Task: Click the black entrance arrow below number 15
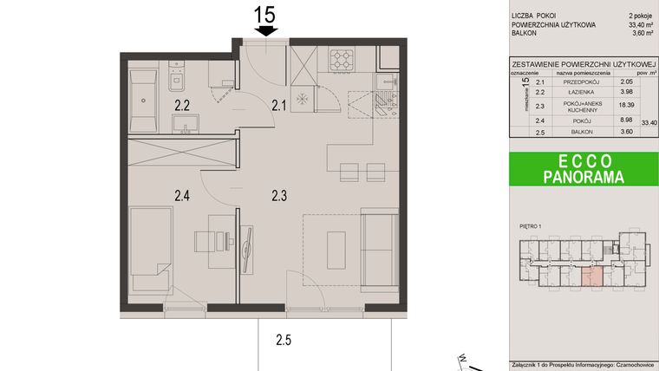tap(266, 31)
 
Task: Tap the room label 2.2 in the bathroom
tap(183, 107)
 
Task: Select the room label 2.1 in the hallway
tap(278, 107)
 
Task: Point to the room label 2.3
tap(278, 196)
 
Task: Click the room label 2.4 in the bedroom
tap(183, 196)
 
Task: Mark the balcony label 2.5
tap(284, 340)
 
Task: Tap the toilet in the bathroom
tap(174, 81)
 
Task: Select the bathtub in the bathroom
tap(141, 99)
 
